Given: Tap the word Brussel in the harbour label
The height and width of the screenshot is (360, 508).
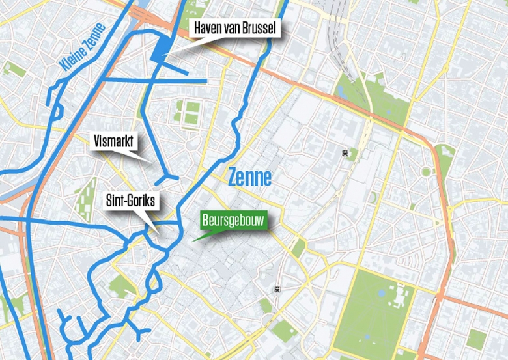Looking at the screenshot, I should click(x=257, y=29).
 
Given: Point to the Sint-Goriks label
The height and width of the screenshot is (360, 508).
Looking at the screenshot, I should click(x=130, y=201).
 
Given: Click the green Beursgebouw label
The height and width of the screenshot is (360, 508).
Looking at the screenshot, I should click(x=233, y=221).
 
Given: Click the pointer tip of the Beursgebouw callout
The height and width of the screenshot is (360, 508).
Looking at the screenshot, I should click(x=191, y=242).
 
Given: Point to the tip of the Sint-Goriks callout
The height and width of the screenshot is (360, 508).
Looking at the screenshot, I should click(x=160, y=234).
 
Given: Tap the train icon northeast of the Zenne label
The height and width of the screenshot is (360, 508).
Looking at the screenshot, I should click(x=344, y=154).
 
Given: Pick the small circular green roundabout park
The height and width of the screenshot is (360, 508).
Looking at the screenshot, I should click(x=426, y=171).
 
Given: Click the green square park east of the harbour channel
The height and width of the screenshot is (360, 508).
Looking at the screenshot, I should click(x=191, y=113).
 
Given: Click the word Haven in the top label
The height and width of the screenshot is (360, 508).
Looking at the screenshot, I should click(x=206, y=29).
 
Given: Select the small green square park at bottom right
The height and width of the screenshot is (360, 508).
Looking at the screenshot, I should click(x=476, y=338).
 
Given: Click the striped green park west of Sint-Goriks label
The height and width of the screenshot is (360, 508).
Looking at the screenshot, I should click(x=85, y=199).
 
